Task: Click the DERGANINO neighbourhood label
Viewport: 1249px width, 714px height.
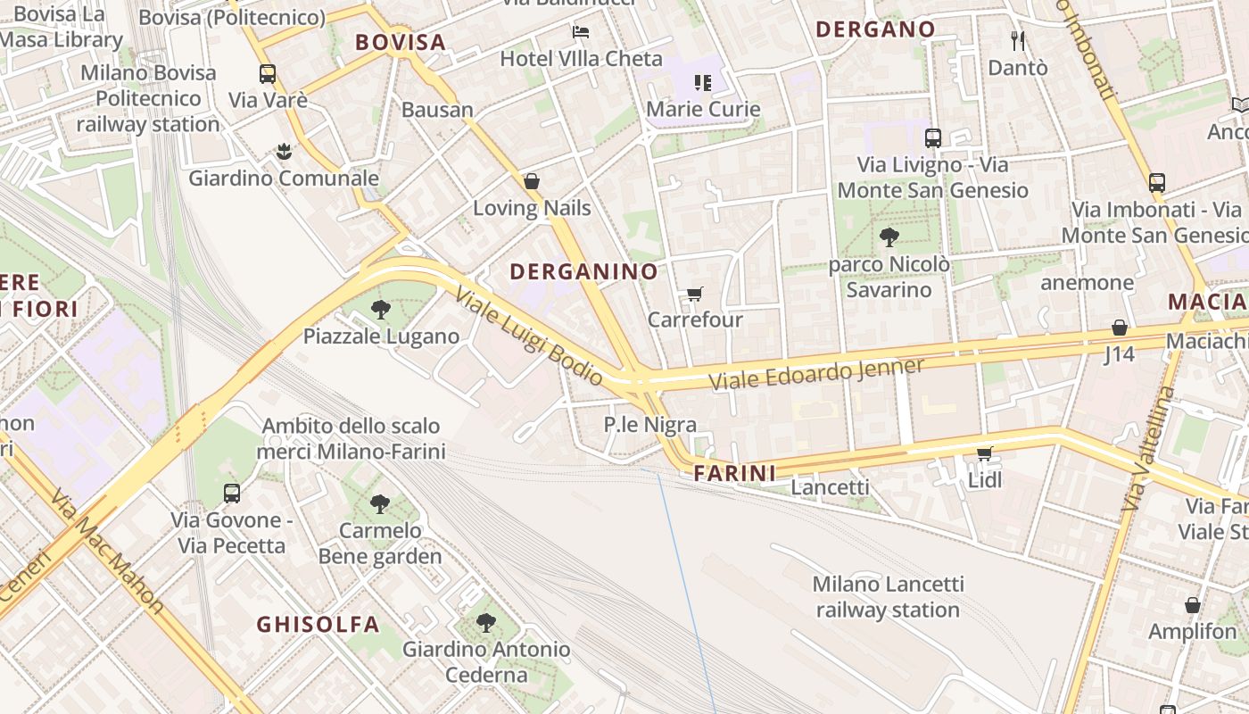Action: click(583, 272)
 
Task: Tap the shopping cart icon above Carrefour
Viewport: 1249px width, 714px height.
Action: click(694, 294)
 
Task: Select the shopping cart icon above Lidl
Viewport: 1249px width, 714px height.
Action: click(985, 454)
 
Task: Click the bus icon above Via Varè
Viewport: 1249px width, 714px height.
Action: click(268, 74)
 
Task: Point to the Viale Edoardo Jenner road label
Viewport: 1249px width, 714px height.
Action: click(816, 373)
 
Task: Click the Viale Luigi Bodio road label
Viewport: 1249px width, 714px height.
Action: click(529, 337)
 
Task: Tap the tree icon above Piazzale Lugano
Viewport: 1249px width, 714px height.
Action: click(381, 310)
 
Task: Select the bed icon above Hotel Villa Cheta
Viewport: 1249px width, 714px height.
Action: click(581, 32)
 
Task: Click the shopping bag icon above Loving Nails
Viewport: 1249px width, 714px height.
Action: click(532, 182)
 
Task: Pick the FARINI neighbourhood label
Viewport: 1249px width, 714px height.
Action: click(735, 473)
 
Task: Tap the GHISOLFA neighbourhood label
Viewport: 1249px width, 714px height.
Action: click(318, 624)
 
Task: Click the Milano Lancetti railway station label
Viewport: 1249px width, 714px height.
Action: click(888, 597)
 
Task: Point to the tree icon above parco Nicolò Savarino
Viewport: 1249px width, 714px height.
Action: click(889, 237)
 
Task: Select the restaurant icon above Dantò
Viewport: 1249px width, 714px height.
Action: click(1018, 40)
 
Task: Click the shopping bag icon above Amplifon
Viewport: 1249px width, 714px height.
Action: click(1193, 605)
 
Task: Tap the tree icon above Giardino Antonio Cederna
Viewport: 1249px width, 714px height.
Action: click(485, 622)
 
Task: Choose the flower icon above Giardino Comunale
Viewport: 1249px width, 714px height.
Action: click(284, 151)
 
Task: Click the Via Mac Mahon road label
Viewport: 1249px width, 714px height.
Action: click(107, 551)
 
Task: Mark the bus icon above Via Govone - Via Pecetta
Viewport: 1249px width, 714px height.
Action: click(232, 493)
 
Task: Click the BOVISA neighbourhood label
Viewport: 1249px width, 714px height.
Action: click(400, 42)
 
